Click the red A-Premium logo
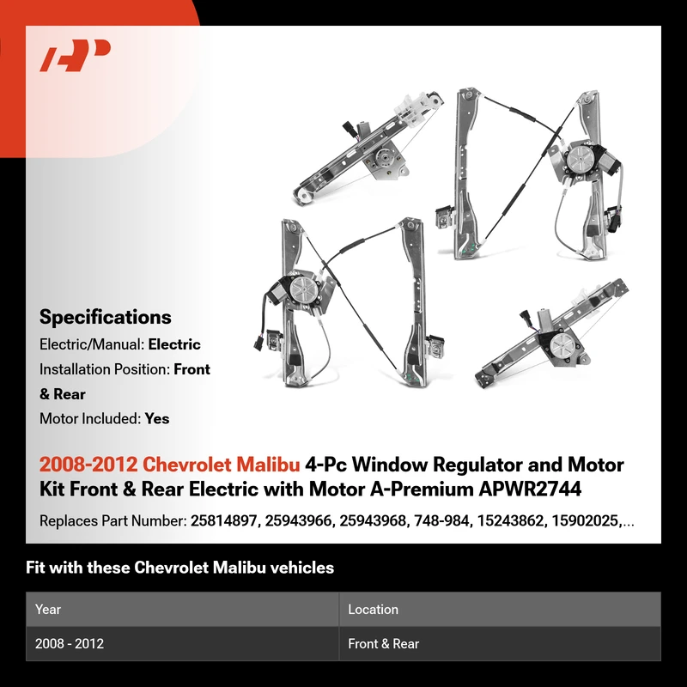[x=75, y=55]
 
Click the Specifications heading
[x=105, y=317]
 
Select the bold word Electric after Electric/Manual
[x=174, y=344]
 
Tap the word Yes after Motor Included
[x=157, y=419]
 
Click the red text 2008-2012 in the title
[x=88, y=465]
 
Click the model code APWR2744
[x=530, y=489]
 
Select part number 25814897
[x=223, y=521]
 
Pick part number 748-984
[x=441, y=521]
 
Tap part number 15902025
[x=585, y=521]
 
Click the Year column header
[x=48, y=610]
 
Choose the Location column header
[x=373, y=610]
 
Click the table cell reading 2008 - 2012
[x=70, y=643]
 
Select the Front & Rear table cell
[x=383, y=643]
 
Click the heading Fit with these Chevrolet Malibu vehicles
[x=179, y=568]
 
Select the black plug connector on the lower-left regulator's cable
[x=258, y=341]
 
